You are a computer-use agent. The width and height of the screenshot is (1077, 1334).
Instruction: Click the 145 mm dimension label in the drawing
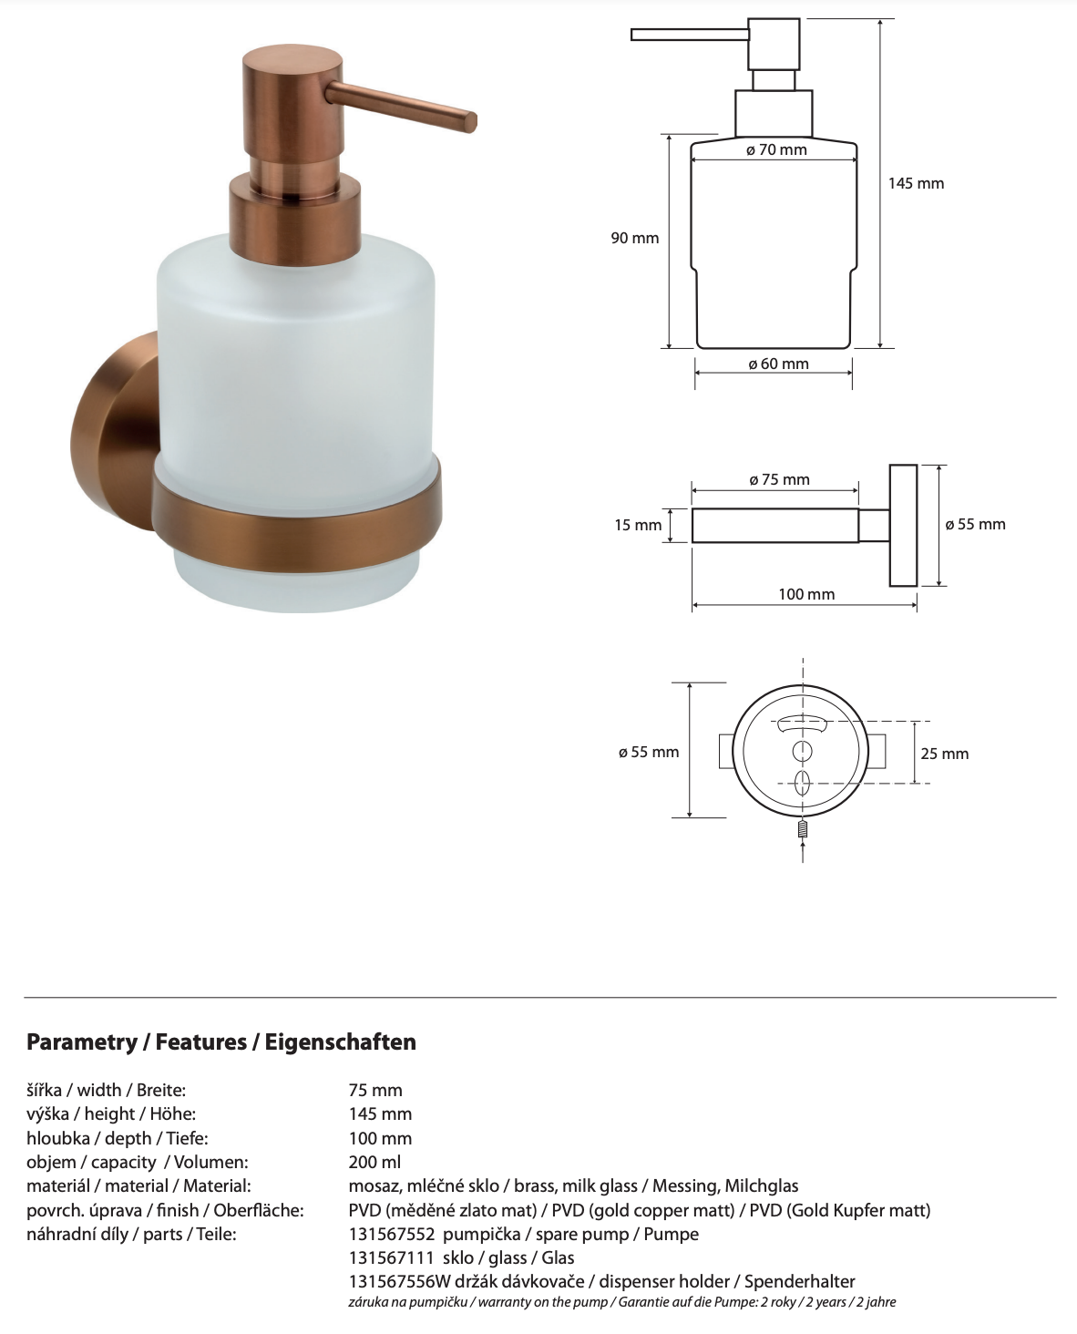(x=916, y=183)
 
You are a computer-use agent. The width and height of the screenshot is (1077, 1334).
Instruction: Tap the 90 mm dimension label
(x=634, y=238)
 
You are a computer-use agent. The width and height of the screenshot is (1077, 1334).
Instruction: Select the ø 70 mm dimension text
(x=776, y=149)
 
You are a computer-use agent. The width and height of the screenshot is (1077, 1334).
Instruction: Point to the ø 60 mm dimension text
(x=778, y=364)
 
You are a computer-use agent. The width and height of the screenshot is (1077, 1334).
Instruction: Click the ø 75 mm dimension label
(x=779, y=479)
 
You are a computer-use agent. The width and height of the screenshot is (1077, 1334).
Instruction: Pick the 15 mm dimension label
(x=638, y=525)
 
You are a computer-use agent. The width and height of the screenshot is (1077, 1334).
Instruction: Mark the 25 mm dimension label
(x=944, y=754)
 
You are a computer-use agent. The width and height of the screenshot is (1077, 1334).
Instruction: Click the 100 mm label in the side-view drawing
(x=806, y=594)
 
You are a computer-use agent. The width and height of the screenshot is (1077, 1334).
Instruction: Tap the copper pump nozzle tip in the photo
(x=468, y=120)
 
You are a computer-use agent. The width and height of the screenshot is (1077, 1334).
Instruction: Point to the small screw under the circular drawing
(x=803, y=830)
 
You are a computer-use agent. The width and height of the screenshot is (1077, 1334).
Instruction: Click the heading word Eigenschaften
(x=340, y=1042)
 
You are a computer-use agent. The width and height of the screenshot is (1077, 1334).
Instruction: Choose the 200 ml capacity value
(x=374, y=1162)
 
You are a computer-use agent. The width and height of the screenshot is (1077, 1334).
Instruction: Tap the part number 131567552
(x=392, y=1234)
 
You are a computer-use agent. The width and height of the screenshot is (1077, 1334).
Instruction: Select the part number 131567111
(x=392, y=1257)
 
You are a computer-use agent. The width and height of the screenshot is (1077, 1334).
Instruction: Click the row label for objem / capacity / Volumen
(x=137, y=1162)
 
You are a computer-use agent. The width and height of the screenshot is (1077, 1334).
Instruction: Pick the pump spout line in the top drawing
(x=689, y=35)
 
